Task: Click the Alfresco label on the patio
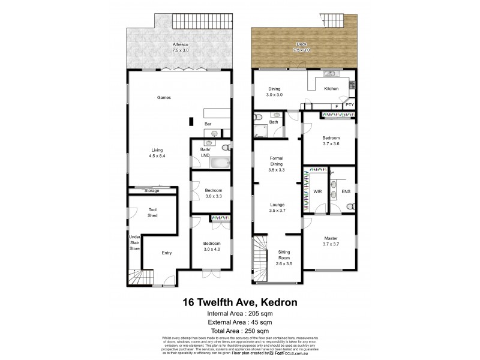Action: pyautogui.click(x=179, y=44)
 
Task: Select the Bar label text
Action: pyautogui.click(x=208, y=124)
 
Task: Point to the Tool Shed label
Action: pyautogui.click(x=152, y=212)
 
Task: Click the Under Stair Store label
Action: pyautogui.click(x=135, y=242)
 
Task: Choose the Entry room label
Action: pyautogui.click(x=167, y=253)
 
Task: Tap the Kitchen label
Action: pyautogui.click(x=331, y=89)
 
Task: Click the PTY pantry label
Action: pyautogui.click(x=350, y=106)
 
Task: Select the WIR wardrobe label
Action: pyautogui.click(x=317, y=192)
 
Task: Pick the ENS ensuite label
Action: pyautogui.click(x=345, y=192)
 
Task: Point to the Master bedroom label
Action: pyautogui.click(x=331, y=238)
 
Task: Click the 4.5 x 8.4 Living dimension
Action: pyautogui.click(x=157, y=156)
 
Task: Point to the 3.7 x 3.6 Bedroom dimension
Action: pyautogui.click(x=331, y=143)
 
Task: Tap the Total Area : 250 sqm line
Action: pyautogui.click(x=240, y=331)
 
